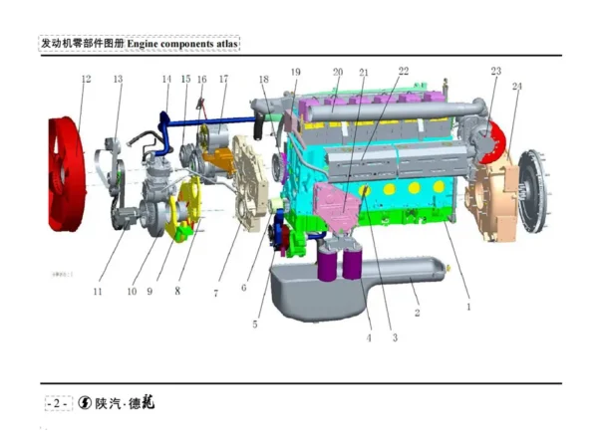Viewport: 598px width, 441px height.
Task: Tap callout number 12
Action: point(86,79)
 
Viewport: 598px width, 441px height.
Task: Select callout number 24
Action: point(517,87)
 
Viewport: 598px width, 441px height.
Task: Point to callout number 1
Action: point(467,308)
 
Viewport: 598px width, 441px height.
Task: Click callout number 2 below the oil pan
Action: point(417,313)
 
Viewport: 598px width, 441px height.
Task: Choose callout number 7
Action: point(215,293)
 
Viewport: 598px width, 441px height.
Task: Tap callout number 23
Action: point(495,72)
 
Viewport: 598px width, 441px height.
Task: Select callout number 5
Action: point(254,325)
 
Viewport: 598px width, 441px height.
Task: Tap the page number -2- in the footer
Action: point(58,403)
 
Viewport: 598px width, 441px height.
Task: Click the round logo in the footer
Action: point(86,403)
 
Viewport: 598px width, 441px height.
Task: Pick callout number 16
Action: point(201,79)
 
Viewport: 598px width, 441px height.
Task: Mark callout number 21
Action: point(364,72)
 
